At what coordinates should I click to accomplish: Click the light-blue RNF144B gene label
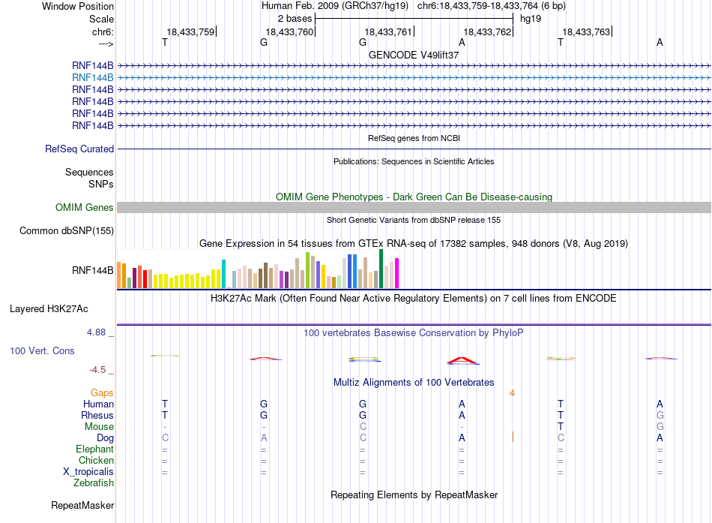(x=93, y=77)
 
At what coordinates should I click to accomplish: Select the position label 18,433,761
(x=387, y=32)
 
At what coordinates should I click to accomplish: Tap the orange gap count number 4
(x=512, y=393)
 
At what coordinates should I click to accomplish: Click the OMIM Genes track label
(x=85, y=207)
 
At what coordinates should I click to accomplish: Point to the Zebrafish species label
(x=94, y=482)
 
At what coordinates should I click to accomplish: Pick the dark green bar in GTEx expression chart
(x=381, y=269)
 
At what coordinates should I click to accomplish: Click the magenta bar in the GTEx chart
(x=397, y=273)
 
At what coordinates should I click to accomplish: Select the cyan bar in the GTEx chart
(x=223, y=274)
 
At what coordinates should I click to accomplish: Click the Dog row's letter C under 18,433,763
(x=561, y=437)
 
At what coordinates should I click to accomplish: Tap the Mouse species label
(x=99, y=427)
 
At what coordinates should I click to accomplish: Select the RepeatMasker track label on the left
(x=82, y=505)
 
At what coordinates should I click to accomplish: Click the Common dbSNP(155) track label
(x=67, y=230)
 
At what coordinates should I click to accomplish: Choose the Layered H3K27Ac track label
(x=49, y=309)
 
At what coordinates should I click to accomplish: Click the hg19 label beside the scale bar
(x=531, y=19)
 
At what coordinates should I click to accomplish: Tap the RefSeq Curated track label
(x=79, y=149)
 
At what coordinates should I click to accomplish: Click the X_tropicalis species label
(x=88, y=472)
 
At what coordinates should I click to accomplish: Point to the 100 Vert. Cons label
(x=42, y=350)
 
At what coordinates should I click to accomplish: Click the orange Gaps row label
(x=102, y=392)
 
